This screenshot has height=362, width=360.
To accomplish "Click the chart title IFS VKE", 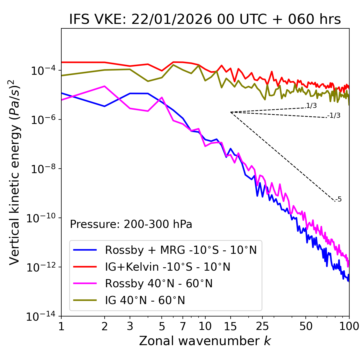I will point(205,20).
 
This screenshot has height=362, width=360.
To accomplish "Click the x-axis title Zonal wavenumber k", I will point(205,341).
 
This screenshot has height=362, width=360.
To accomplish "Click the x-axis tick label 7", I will point(183,326).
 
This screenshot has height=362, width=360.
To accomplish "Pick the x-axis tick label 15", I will point(230,326).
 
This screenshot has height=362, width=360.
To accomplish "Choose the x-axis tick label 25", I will point(262,326).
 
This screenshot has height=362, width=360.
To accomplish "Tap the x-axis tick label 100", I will point(349,326).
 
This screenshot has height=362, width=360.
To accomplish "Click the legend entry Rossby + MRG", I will point(181,250).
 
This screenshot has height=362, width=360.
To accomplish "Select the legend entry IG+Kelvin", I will point(168,267).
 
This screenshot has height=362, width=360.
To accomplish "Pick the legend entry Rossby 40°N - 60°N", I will point(159,284).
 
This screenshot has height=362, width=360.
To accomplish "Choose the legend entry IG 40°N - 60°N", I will point(145,300).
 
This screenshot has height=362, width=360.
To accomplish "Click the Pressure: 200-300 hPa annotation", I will point(131,224).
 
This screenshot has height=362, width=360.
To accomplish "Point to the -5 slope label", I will point(339,199).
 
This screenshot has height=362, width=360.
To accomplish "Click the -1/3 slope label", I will point(334,116).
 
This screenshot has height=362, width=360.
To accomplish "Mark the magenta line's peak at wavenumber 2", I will point(105,86).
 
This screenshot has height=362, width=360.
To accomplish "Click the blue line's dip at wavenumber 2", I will point(105,106).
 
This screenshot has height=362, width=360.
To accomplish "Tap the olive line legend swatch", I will point(85,300).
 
